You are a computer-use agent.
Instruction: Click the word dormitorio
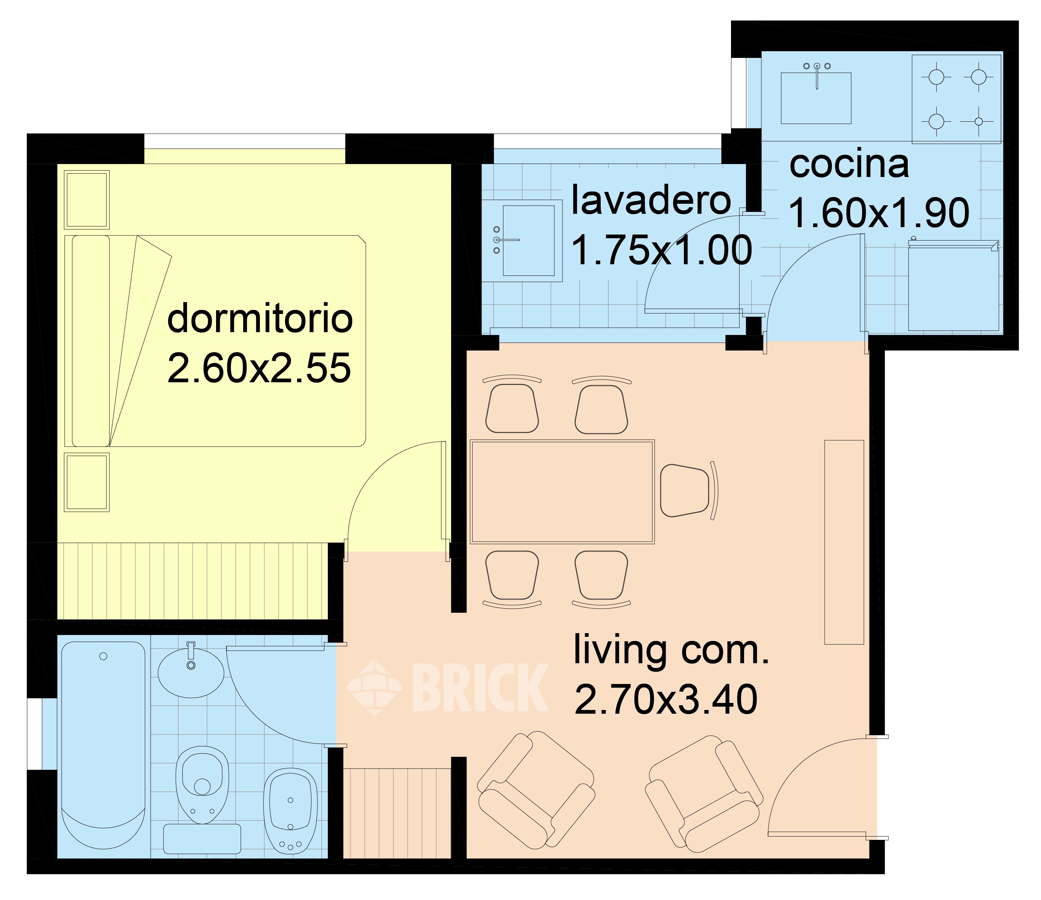click(x=260, y=318)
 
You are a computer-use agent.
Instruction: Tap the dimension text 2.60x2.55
click(x=259, y=368)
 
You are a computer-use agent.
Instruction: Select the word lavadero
click(x=650, y=200)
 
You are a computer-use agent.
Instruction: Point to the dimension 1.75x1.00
click(x=662, y=250)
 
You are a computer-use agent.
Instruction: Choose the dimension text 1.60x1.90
click(x=879, y=213)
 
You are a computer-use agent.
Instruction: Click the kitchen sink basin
click(x=816, y=98)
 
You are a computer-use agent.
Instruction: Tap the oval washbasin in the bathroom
click(x=191, y=672)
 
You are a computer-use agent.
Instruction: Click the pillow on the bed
click(x=91, y=340)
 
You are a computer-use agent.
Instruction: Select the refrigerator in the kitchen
click(x=953, y=286)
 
